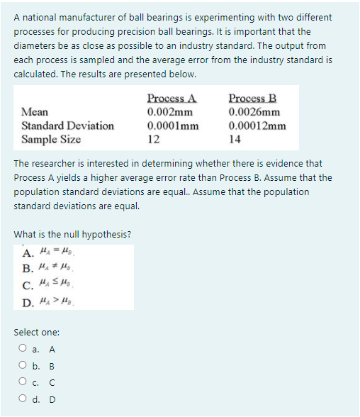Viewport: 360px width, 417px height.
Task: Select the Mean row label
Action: [35, 111]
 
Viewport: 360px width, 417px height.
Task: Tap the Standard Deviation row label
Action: [68, 126]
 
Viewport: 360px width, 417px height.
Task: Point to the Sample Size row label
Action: [51, 139]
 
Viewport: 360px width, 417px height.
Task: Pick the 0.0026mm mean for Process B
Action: [254, 111]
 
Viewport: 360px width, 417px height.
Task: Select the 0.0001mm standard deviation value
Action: [172, 126]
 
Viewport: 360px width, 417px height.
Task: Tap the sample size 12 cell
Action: [153, 139]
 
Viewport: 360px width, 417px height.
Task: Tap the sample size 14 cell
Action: [235, 139]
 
